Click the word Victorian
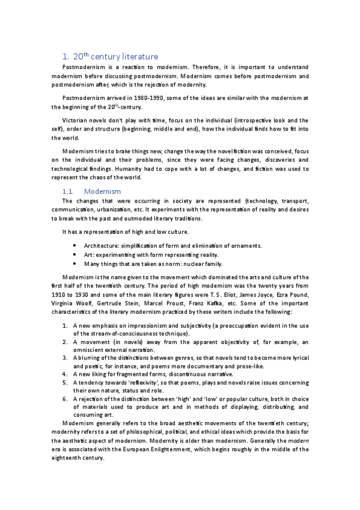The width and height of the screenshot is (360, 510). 76,120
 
